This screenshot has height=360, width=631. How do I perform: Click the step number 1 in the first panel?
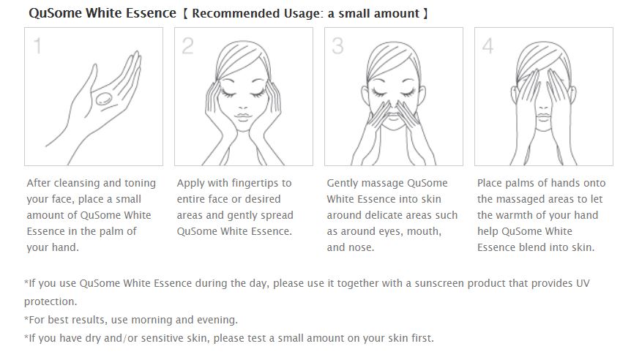tap(37, 46)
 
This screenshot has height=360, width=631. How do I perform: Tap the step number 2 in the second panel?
tap(187, 46)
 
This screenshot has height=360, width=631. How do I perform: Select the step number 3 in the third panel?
tap(337, 46)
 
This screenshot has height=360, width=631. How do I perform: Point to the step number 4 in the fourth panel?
tap(488, 46)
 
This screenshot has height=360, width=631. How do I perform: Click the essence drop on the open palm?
tap(104, 99)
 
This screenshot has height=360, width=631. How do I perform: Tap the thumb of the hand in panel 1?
tap(91, 76)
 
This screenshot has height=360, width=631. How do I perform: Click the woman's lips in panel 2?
tap(243, 117)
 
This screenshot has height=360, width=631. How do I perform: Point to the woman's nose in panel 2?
tap(243, 106)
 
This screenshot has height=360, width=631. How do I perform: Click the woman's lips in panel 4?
tap(543, 117)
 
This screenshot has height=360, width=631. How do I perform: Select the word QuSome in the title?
tap(55, 13)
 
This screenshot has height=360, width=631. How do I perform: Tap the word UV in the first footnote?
tap(583, 283)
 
